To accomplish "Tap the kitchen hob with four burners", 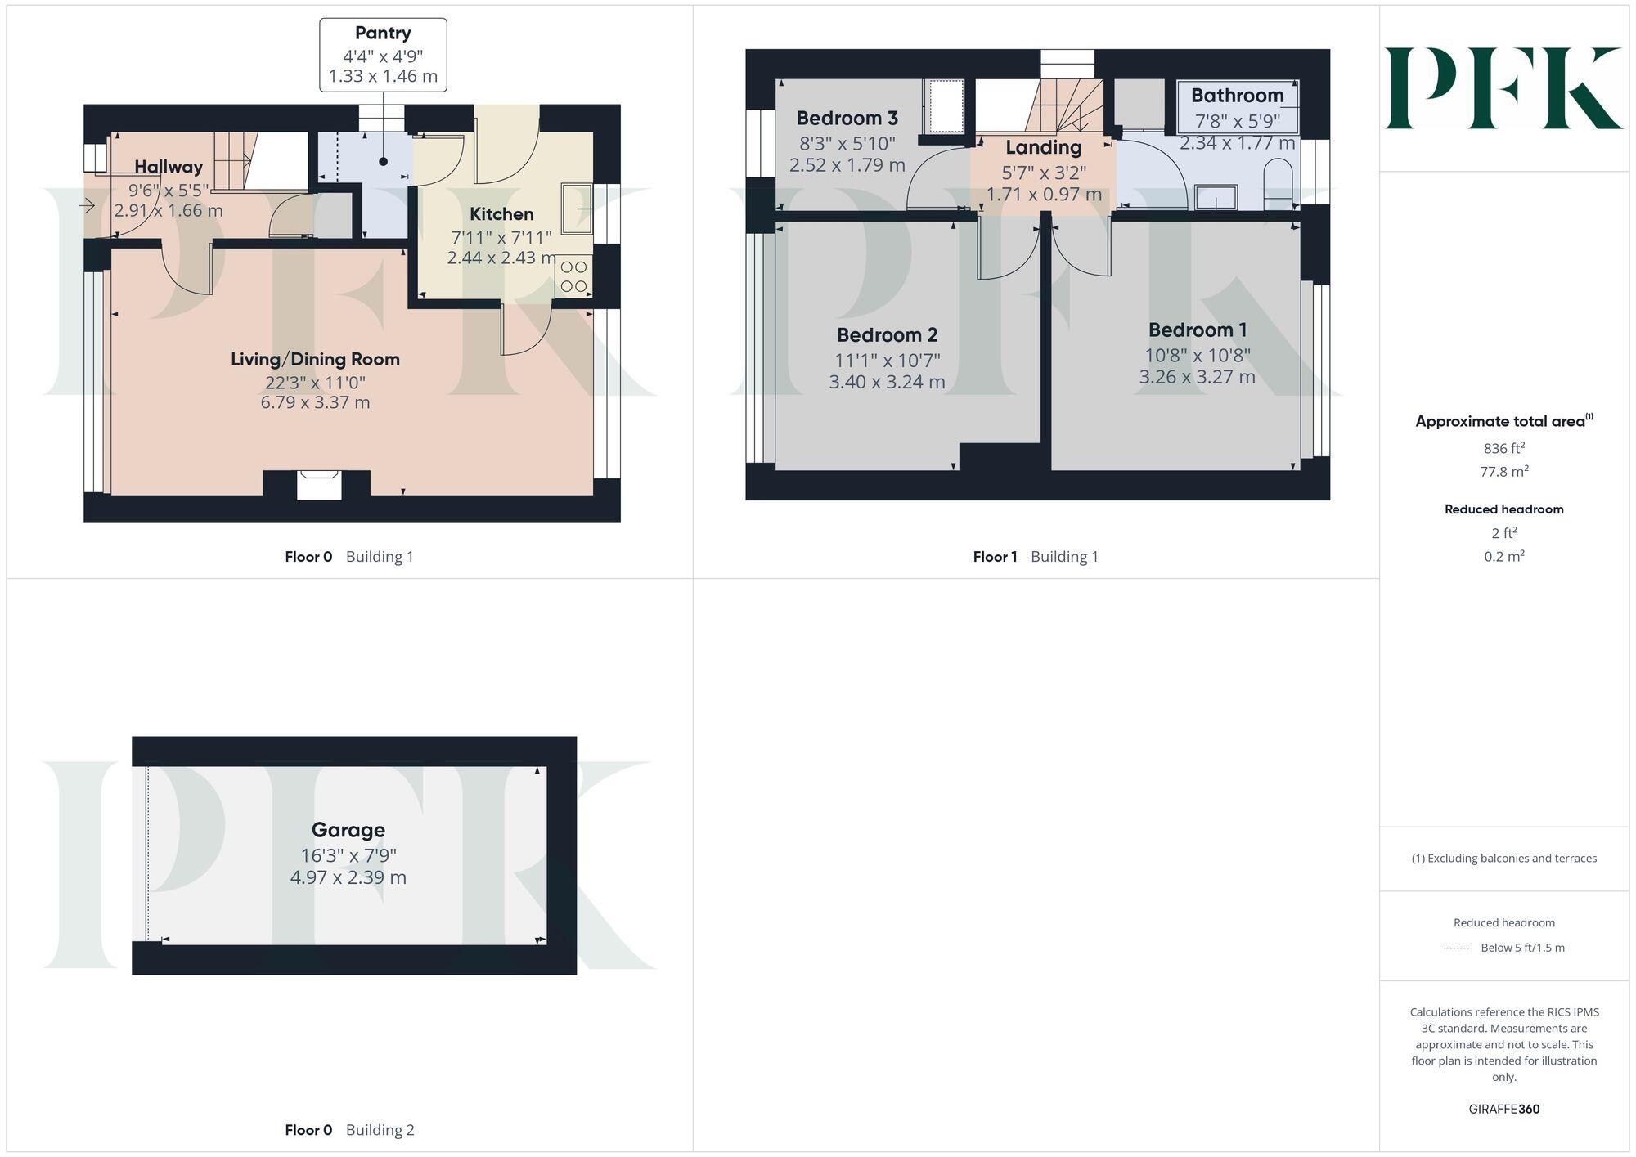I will pos(573,276).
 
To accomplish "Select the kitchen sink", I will pos(577,209).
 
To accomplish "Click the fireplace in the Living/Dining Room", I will pos(317,484).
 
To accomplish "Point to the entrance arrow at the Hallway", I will pos(87,206).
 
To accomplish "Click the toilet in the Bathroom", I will pos(1277,184).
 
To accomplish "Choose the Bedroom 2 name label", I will pos(887,335).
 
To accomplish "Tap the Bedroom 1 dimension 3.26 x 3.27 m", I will pos(1197,377).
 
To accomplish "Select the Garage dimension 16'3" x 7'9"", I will pos(348,855).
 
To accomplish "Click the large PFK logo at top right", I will pos(1503,88).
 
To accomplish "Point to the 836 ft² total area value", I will pos(1503,448).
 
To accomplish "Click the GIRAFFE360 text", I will pos(1503,1109).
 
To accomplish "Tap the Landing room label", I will pos(1043,148).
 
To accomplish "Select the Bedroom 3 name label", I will pos(847,119).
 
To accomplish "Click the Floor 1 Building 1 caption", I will pos(1035,557).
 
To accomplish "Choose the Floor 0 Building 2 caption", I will pos(349,1130).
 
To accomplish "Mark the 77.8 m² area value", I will pos(1503,472).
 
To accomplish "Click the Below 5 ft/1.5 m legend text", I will pos(1521,948).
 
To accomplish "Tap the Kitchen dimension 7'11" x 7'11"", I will pos(501,238).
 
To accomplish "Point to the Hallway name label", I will pos(169,167).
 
